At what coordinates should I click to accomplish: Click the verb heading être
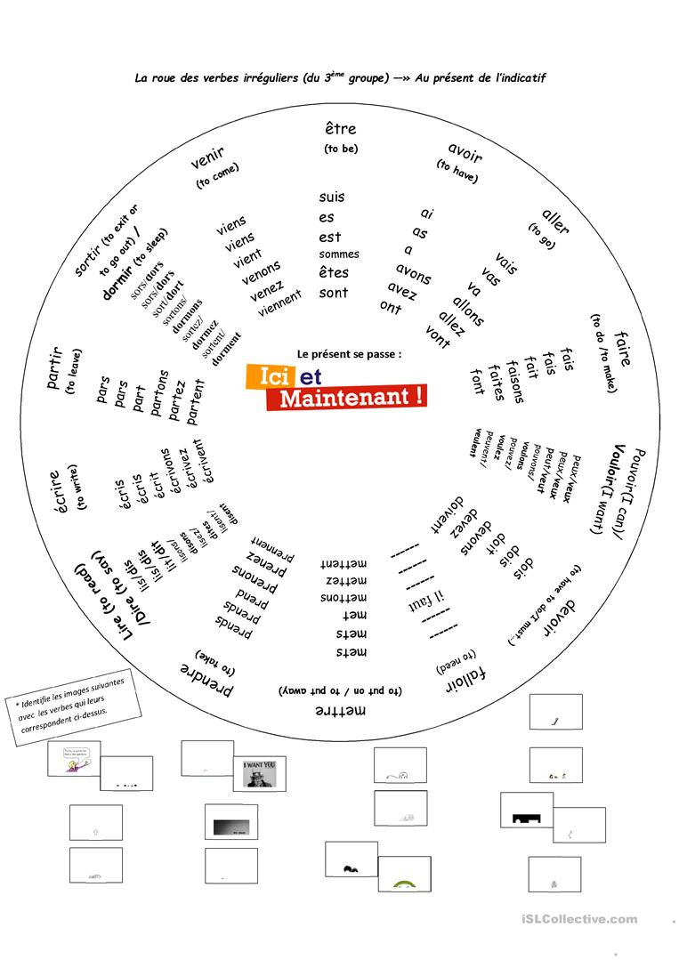pos(340,130)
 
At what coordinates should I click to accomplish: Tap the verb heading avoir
pos(465,154)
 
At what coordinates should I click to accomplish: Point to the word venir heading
pos(207,157)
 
